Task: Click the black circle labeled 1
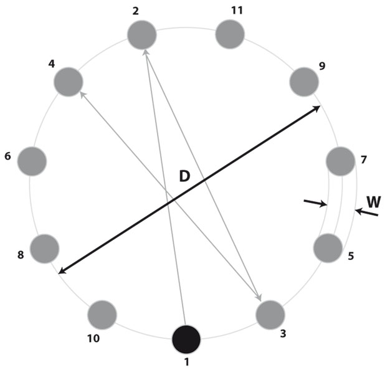click(186, 340)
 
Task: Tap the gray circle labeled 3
click(270, 314)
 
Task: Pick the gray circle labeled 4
click(69, 82)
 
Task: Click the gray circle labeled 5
click(328, 249)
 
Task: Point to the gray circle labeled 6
click(32, 161)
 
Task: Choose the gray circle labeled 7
click(341, 161)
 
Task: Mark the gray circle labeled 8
click(44, 248)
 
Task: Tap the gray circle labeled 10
click(102, 315)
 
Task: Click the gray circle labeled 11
click(231, 34)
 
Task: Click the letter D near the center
click(184, 176)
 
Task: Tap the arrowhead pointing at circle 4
click(82, 94)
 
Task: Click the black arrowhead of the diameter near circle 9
click(316, 108)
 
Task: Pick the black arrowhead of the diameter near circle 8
click(61, 270)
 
